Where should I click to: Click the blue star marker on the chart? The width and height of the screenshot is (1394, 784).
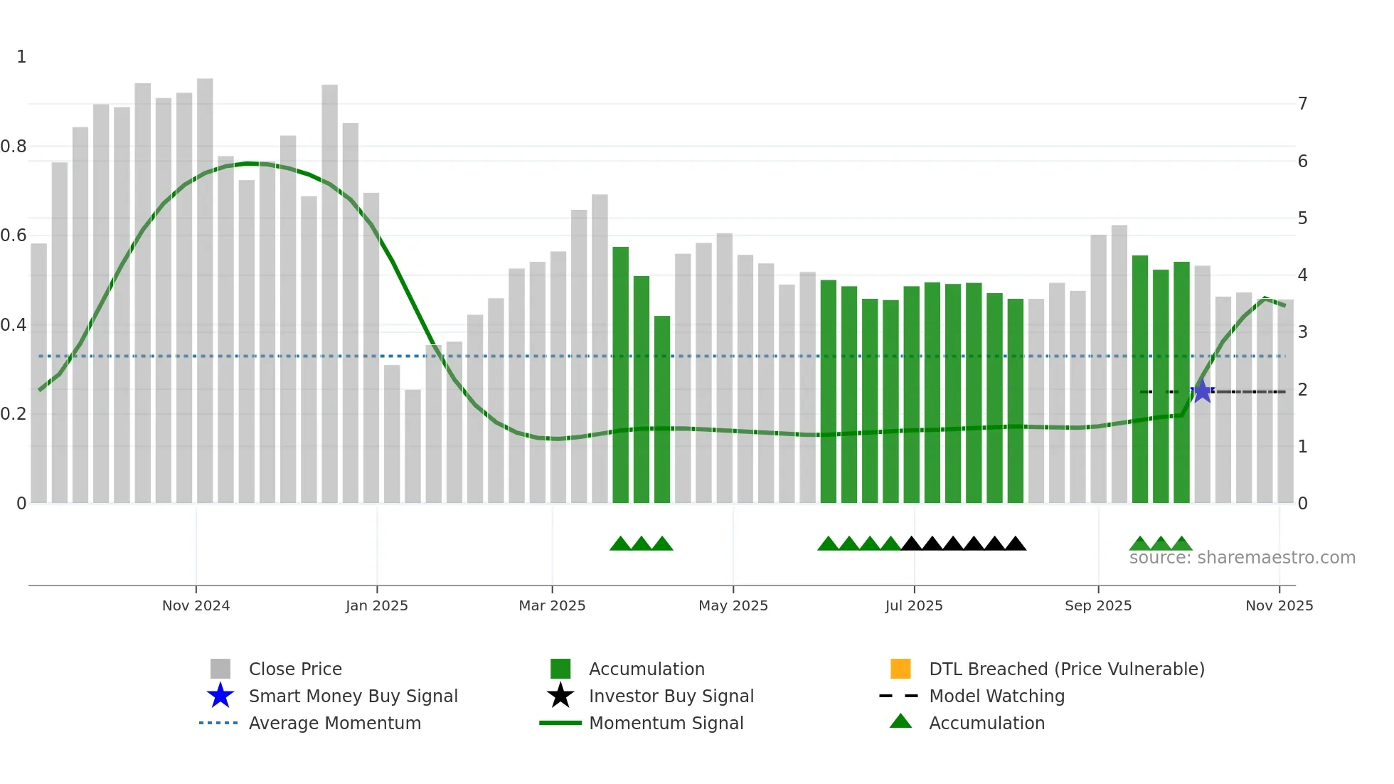click(x=1202, y=391)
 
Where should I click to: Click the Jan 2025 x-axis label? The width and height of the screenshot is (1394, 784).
click(x=377, y=605)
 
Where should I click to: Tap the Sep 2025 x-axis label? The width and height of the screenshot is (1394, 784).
click(x=1098, y=605)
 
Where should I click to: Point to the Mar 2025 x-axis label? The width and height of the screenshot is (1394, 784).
click(x=552, y=605)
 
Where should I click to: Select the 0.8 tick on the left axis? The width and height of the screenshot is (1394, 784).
click(x=14, y=147)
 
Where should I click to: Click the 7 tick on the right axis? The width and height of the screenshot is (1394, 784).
click(x=1302, y=104)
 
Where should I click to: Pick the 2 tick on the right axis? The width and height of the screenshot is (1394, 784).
click(x=1302, y=390)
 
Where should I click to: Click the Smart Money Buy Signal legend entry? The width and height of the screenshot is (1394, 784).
click(x=353, y=696)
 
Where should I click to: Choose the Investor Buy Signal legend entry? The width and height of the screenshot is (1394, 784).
click(x=671, y=696)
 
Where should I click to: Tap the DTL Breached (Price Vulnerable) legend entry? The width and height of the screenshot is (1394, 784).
click(x=1066, y=669)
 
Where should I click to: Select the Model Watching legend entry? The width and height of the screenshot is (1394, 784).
click(x=996, y=696)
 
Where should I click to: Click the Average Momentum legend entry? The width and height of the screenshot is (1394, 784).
click(x=334, y=723)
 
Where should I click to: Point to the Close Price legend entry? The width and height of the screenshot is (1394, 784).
click(x=295, y=669)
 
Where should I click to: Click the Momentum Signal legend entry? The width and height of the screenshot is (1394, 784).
click(x=666, y=723)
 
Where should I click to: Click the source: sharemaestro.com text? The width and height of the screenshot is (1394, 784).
click(x=1242, y=558)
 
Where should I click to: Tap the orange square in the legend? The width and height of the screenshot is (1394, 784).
click(x=900, y=669)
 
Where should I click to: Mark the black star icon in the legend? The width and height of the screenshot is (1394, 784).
click(x=560, y=696)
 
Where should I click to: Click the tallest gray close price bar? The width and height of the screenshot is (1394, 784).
click(x=205, y=285)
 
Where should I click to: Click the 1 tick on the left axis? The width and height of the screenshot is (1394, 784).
click(x=21, y=57)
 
